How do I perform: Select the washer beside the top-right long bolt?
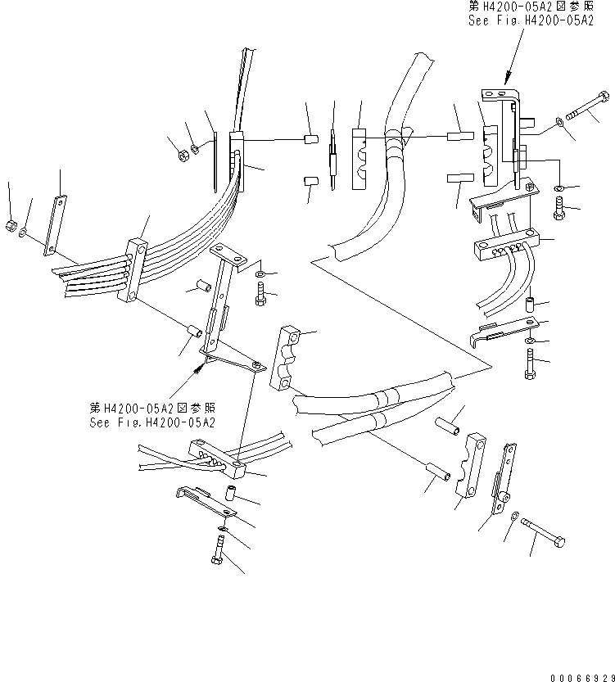pyautogui.click(x=559, y=122)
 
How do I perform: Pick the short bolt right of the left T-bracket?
pyautogui.click(x=260, y=293)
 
